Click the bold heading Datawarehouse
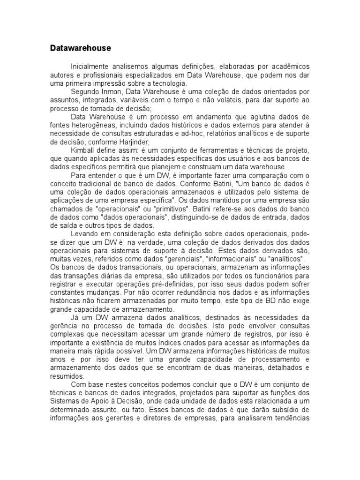[x=80, y=48]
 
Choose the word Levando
[x=83, y=233]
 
